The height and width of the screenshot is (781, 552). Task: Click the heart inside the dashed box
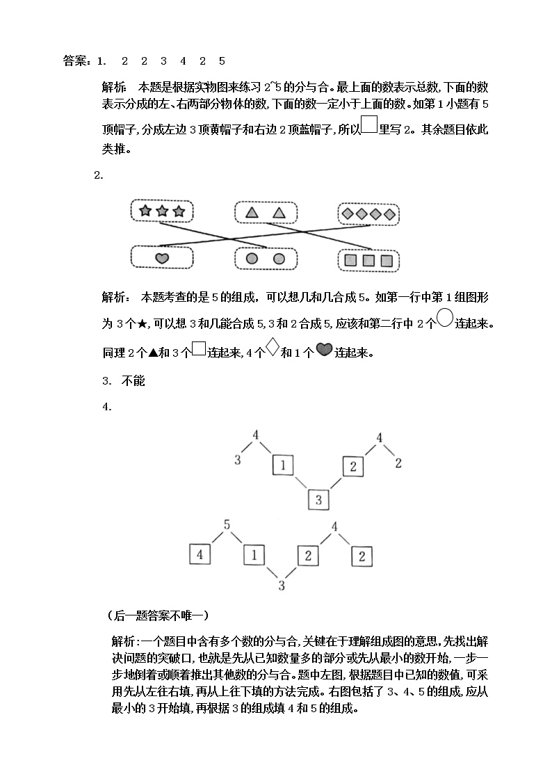[x=161, y=258]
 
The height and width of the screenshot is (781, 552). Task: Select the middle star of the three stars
[x=162, y=211]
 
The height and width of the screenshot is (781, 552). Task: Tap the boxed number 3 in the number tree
[x=318, y=499]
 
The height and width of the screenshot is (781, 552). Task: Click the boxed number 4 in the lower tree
[x=200, y=555]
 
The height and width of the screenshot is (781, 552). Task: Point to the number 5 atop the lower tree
[x=227, y=526]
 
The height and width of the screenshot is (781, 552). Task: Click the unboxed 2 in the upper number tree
[x=398, y=462]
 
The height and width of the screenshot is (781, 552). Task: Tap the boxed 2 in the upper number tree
[x=353, y=467]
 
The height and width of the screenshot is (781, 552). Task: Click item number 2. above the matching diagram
[x=99, y=175]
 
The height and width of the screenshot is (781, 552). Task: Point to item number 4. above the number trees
[x=107, y=407]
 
